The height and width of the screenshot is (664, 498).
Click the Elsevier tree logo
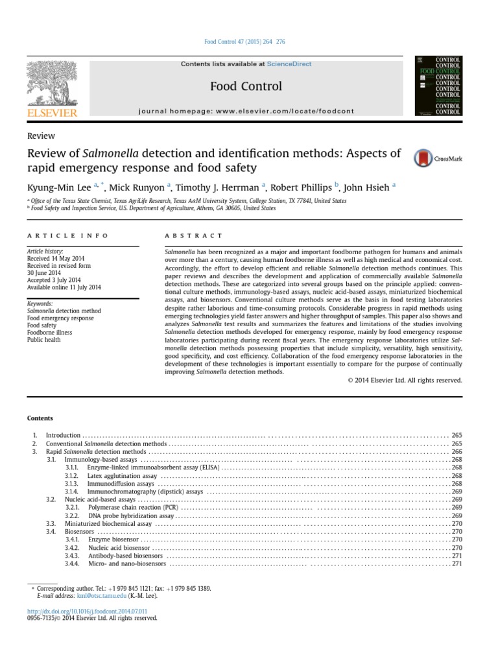52,84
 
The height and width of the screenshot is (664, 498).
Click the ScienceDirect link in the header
289,64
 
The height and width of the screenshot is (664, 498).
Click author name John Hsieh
366,187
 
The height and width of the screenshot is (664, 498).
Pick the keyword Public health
44,340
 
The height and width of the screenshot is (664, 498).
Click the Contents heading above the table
40,418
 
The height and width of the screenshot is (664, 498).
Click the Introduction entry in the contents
63,435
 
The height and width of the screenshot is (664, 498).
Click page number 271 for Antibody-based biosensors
456,556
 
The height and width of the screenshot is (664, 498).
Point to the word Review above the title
41,136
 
